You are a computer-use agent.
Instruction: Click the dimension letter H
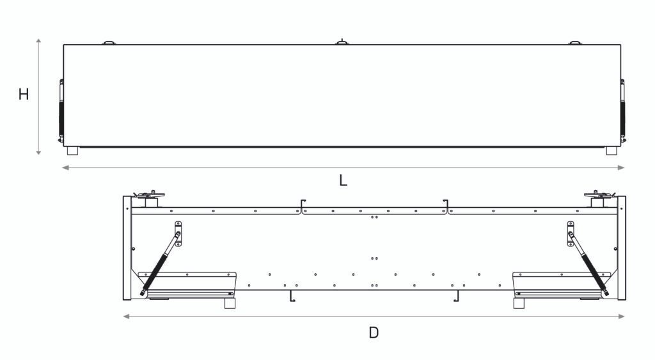24,95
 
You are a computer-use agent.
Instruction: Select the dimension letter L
343,180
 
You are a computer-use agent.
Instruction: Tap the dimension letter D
374,333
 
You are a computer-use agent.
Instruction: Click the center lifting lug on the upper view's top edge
343,42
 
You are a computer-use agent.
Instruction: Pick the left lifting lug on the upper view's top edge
109,43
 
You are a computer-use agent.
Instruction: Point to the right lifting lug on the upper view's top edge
576,43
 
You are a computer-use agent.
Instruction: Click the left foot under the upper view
72,152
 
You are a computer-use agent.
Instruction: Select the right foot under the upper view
612,152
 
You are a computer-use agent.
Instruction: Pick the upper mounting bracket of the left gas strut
178,233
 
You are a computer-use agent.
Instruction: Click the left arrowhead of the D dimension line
126,317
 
